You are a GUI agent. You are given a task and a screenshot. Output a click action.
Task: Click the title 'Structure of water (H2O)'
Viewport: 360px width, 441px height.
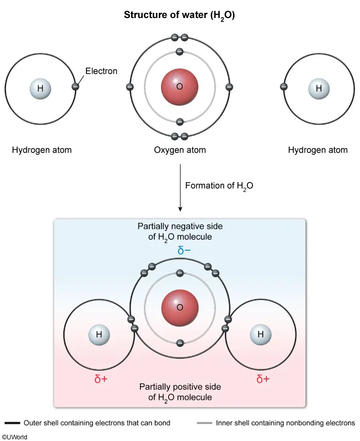click(x=179, y=15)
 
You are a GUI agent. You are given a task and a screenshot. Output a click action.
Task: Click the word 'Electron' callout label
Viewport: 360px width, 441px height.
click(x=101, y=72)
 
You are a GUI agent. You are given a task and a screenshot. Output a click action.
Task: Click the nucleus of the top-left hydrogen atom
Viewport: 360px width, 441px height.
click(x=40, y=89)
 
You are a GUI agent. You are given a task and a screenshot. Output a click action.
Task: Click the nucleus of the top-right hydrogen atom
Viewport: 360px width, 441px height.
click(x=319, y=89)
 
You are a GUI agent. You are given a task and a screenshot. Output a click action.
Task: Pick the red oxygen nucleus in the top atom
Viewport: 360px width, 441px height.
click(x=179, y=87)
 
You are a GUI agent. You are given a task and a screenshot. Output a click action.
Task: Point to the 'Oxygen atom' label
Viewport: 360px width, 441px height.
click(x=179, y=150)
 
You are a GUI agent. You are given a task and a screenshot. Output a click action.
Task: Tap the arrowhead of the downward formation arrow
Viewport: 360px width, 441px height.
click(x=180, y=208)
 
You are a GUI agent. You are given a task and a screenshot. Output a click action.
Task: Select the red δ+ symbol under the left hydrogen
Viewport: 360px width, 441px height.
click(x=101, y=380)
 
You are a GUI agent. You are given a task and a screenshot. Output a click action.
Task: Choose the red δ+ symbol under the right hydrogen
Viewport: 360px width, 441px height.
click(x=263, y=380)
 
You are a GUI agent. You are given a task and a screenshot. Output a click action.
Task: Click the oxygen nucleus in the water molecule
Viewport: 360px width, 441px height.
click(x=179, y=308)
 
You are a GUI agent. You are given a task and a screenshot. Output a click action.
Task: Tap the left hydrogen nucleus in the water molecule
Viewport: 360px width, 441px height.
click(x=99, y=334)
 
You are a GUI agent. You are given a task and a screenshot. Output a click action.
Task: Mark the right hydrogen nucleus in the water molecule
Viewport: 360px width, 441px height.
click(x=261, y=334)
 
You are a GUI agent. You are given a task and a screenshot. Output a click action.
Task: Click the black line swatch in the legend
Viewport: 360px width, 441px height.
click(x=12, y=423)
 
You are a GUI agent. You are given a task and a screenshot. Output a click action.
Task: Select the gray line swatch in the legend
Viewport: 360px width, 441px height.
click(x=204, y=423)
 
